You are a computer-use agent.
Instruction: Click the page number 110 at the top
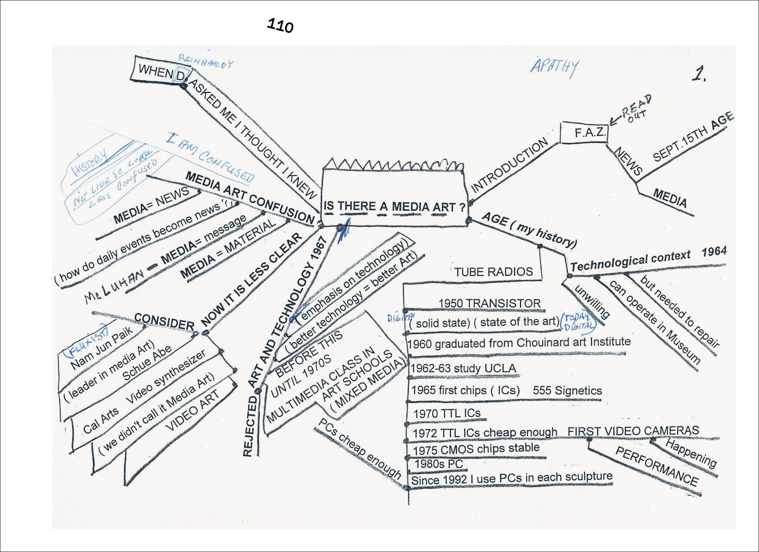[x=280, y=26]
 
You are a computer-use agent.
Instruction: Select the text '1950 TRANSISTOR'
[x=489, y=303]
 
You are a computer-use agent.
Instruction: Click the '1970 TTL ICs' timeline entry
[x=447, y=414]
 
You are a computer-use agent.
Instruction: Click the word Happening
[x=691, y=453]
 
